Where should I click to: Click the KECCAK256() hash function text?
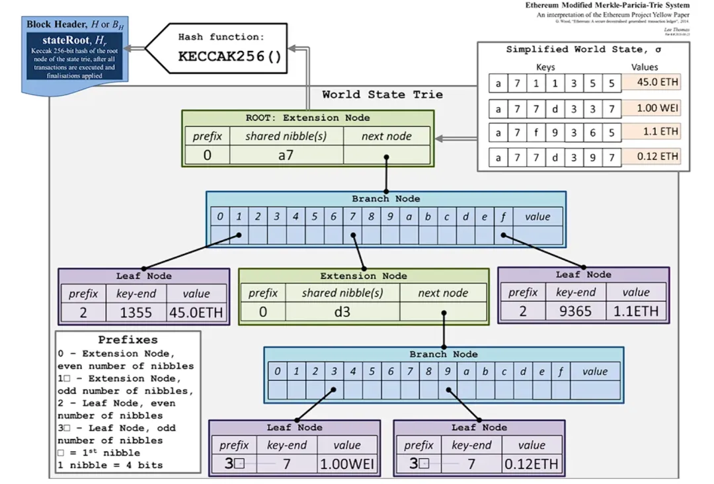coord(230,56)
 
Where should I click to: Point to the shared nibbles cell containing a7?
coord(286,155)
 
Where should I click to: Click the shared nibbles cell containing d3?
coord(342,311)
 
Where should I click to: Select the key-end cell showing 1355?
coord(136,312)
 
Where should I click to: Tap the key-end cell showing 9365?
coord(575,310)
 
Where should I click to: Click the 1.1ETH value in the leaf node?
coord(636,310)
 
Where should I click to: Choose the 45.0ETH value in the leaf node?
coord(196,312)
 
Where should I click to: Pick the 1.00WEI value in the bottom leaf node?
coord(347,464)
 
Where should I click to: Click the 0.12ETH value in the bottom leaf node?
coord(532,464)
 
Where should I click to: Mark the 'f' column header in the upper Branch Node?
coord(503,217)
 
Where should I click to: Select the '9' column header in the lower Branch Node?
coord(448,372)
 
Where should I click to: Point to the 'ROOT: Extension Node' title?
coord(307,118)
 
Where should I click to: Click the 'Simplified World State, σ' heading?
coord(584,50)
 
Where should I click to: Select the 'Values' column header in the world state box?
coord(645,67)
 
